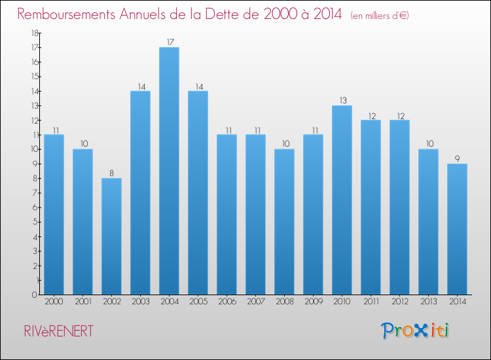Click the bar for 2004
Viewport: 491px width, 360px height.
(x=169, y=171)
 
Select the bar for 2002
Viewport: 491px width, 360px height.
(x=111, y=236)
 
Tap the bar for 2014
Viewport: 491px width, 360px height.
(x=457, y=229)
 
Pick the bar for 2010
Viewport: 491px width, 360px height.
(x=342, y=200)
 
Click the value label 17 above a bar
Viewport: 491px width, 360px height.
(x=170, y=42)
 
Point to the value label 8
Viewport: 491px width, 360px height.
(x=112, y=173)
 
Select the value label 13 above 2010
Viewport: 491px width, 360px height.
(x=342, y=100)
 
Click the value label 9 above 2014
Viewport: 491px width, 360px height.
(x=457, y=158)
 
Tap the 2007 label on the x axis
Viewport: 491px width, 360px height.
(x=255, y=302)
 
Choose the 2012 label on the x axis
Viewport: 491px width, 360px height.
(x=399, y=302)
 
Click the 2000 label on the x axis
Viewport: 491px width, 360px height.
(x=54, y=302)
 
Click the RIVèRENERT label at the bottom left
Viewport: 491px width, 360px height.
(x=56, y=331)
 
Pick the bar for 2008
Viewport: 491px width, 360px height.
(x=284, y=222)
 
